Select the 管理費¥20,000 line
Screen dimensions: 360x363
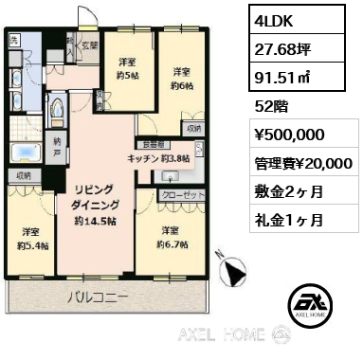[302, 164]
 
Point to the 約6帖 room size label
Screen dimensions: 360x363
[182, 84]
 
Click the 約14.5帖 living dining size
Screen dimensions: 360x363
[91, 221]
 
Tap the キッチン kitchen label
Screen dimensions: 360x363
[141, 160]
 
